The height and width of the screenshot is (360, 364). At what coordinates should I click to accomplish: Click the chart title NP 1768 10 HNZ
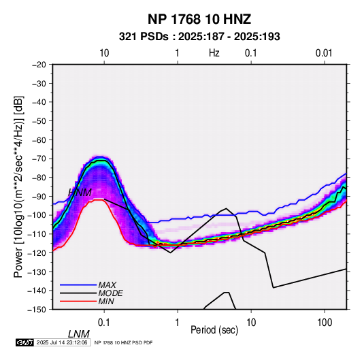199,19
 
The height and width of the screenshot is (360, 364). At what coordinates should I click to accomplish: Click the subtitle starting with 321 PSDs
199,37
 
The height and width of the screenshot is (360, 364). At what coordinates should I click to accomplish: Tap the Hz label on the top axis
214,53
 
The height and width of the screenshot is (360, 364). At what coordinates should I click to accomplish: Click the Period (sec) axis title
214,330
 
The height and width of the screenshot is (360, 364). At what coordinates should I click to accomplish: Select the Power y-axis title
18,186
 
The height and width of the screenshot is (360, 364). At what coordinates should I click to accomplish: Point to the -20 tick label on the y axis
39,65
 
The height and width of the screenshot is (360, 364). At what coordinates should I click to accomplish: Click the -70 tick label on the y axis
39,159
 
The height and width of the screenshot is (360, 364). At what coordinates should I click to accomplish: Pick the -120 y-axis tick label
37,253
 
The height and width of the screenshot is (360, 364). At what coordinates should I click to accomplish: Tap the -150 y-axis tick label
37,310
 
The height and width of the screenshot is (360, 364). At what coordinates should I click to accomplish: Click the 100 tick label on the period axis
325,323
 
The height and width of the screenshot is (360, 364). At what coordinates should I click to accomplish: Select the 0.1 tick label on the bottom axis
104,323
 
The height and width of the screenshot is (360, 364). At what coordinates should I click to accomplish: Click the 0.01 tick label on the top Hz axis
324,53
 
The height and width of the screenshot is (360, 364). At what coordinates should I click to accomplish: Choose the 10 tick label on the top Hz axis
104,53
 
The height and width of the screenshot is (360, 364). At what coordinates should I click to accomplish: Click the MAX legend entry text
107,285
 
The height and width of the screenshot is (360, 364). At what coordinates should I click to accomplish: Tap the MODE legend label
110,293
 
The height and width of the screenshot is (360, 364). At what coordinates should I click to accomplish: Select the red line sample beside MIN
78,301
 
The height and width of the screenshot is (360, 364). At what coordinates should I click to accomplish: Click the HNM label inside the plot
80,193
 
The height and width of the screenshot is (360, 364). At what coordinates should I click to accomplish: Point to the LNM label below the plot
79,334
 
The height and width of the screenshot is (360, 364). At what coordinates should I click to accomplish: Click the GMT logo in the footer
25,342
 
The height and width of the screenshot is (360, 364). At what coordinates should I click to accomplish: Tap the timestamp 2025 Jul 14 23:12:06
62,342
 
